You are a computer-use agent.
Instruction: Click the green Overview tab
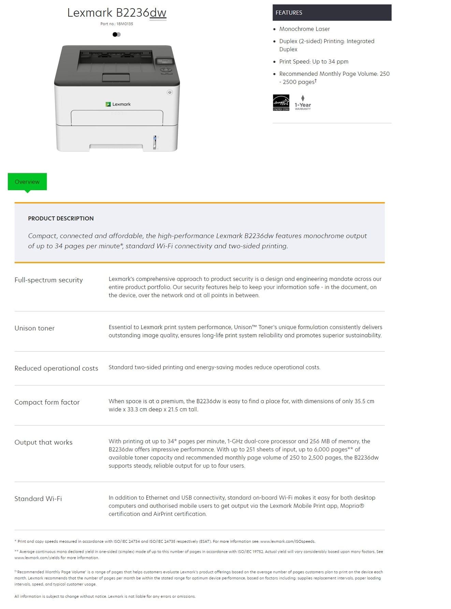(x=27, y=182)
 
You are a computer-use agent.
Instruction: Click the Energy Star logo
(x=281, y=102)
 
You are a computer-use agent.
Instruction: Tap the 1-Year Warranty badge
(x=303, y=103)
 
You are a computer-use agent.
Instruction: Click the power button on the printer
(x=170, y=92)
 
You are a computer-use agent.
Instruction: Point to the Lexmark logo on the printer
(x=118, y=104)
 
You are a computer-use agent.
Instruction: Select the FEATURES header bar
(x=332, y=13)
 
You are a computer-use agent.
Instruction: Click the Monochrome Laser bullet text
(x=304, y=29)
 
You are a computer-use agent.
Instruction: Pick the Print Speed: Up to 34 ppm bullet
(x=314, y=61)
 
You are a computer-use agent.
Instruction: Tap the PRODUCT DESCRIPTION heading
(x=61, y=218)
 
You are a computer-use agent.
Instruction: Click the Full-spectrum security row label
(x=48, y=280)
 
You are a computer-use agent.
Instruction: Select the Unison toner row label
(x=34, y=328)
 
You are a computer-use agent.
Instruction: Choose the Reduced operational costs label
(x=56, y=368)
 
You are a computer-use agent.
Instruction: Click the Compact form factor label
(x=47, y=402)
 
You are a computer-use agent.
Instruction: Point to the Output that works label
(x=43, y=442)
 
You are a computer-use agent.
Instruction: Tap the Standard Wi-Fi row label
(x=38, y=498)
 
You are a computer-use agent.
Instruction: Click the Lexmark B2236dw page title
(x=117, y=13)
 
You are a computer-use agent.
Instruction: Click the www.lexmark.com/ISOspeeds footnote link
(x=288, y=541)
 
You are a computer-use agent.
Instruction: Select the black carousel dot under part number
(x=115, y=34)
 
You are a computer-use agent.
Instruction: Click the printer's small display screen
(x=165, y=61)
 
